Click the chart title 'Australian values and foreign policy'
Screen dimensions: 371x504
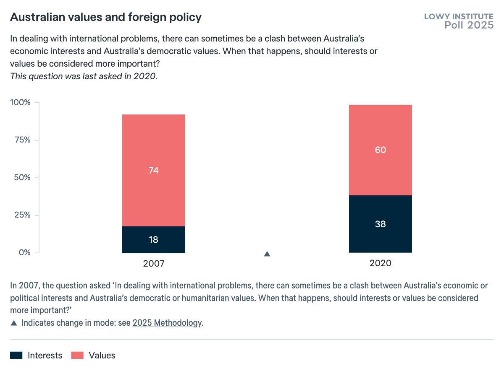coord(106,17)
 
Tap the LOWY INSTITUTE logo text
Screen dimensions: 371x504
coord(459,17)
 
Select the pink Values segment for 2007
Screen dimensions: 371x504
coord(153,143)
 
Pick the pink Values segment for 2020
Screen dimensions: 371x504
coord(380,126)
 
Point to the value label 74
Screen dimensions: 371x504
coord(153,171)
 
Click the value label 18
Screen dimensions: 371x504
coord(153,240)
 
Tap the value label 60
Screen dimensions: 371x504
coord(380,150)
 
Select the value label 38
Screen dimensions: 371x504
coord(380,224)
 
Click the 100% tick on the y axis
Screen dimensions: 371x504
coord(21,103)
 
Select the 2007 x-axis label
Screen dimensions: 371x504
coord(153,264)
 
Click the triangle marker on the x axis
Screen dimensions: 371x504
coord(267,254)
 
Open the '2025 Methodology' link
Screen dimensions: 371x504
coord(167,323)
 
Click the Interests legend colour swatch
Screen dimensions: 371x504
coord(16,355)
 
